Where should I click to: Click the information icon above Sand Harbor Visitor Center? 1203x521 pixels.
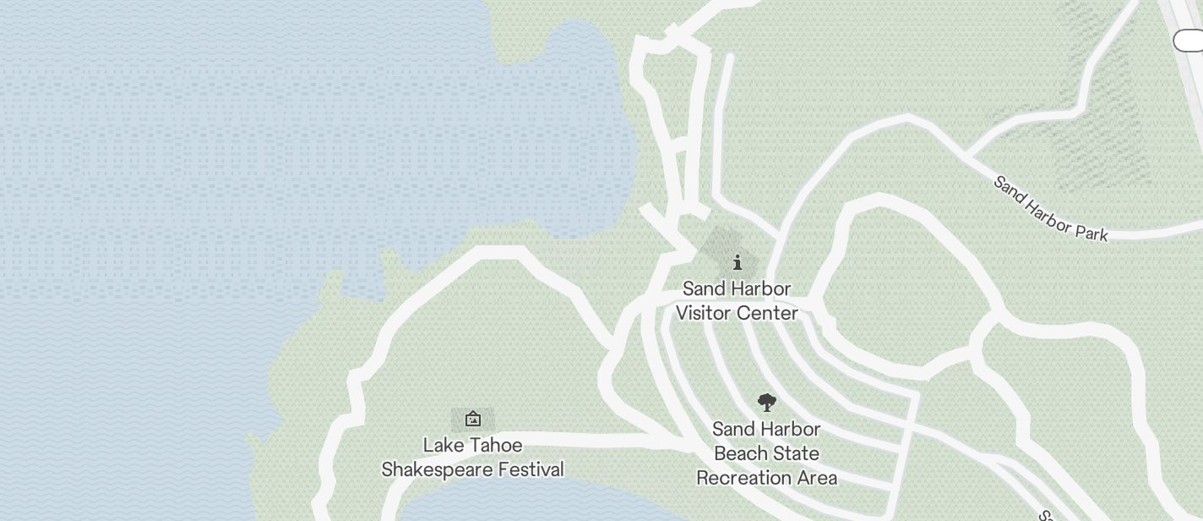737,262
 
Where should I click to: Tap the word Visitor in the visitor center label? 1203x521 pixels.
706,313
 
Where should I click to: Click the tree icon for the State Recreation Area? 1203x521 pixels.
766,403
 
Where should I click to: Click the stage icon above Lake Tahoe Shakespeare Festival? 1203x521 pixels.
473,419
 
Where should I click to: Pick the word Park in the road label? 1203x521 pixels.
1091,231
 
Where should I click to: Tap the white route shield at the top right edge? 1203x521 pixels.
1189,40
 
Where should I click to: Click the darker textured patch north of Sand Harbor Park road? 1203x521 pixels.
1098,127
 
